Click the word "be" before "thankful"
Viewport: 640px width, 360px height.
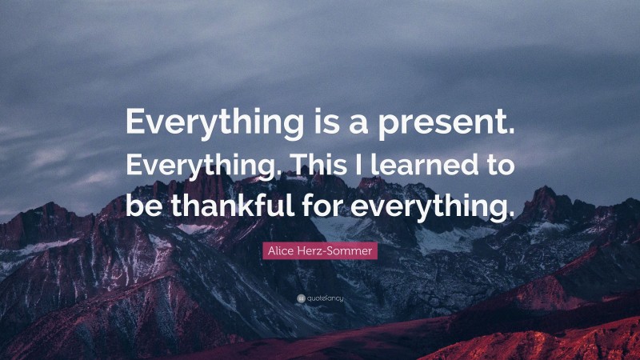click(x=140, y=206)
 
